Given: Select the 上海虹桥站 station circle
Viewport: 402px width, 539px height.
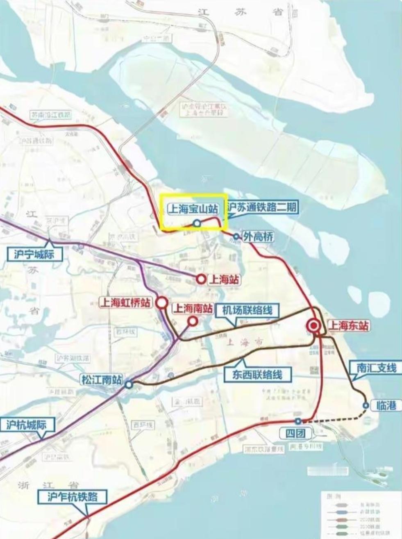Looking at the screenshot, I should click(162, 303).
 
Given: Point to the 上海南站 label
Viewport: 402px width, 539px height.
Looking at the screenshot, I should click(193, 308).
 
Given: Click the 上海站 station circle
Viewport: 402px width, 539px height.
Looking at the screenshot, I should click(201, 279).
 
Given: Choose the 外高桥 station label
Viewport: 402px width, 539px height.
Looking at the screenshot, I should click(259, 237).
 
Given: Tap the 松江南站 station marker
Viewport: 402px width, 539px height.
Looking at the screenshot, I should click(129, 384).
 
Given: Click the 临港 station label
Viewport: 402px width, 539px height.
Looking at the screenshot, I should click(386, 406).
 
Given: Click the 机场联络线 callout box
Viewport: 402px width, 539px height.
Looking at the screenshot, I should click(247, 310).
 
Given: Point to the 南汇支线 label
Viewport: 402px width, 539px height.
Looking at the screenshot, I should click(377, 367).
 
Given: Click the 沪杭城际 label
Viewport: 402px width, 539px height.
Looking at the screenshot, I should click(26, 425).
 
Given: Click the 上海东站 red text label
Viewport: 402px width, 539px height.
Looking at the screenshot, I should click(349, 326).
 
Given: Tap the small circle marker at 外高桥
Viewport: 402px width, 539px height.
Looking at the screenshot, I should click(236, 237).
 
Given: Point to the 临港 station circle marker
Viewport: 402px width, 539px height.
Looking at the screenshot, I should click(366, 405).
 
